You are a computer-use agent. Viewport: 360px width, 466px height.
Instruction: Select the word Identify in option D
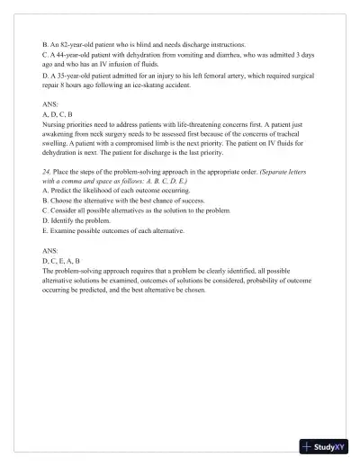tap(63, 220)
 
